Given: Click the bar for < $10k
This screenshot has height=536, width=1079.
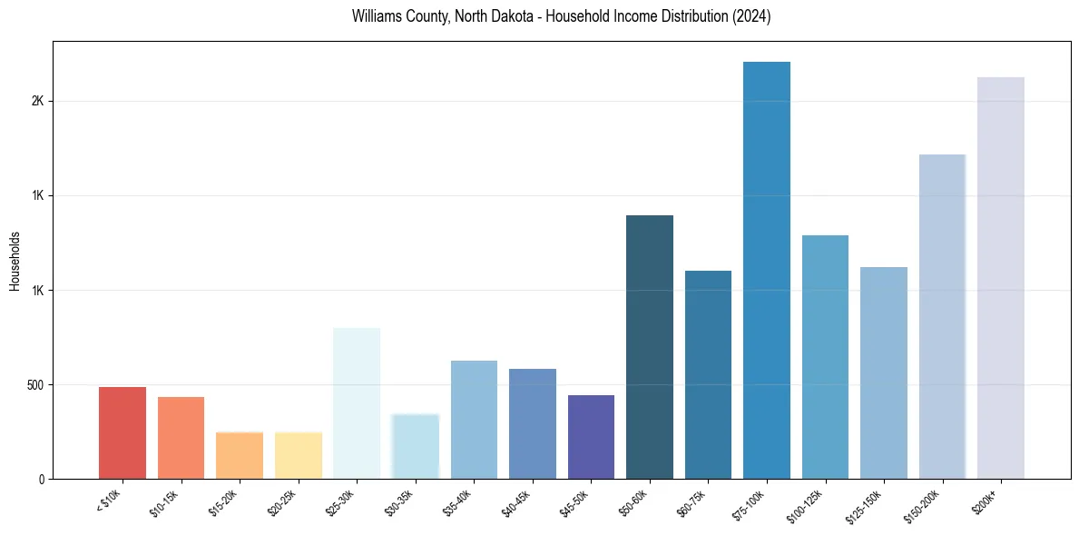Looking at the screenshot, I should [x=123, y=433].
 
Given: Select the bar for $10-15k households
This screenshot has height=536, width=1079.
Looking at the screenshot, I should [x=181, y=438].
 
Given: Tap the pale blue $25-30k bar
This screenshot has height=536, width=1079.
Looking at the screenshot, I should [x=357, y=403].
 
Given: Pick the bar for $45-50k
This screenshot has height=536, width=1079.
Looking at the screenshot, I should [x=591, y=437].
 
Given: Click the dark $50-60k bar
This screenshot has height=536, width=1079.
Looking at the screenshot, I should [x=650, y=347].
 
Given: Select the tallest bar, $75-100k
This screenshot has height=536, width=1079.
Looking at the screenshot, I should [x=767, y=271].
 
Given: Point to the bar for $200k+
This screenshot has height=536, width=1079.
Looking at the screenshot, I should [x=1001, y=278].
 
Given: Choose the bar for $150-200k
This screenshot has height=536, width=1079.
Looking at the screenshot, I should [x=942, y=317].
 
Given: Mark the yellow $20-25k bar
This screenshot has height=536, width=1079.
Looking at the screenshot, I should [x=299, y=456].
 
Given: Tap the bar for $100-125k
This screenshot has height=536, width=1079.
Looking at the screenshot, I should [x=825, y=357].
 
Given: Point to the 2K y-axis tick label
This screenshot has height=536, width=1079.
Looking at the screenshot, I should [x=37, y=102].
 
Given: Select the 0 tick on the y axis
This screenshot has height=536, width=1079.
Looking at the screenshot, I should [x=41, y=480].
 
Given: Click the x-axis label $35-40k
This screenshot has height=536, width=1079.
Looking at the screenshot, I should [x=464, y=501].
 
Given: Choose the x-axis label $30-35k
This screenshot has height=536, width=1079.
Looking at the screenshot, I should [x=405, y=501].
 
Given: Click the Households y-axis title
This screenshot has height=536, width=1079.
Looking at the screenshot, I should [x=15, y=261].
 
